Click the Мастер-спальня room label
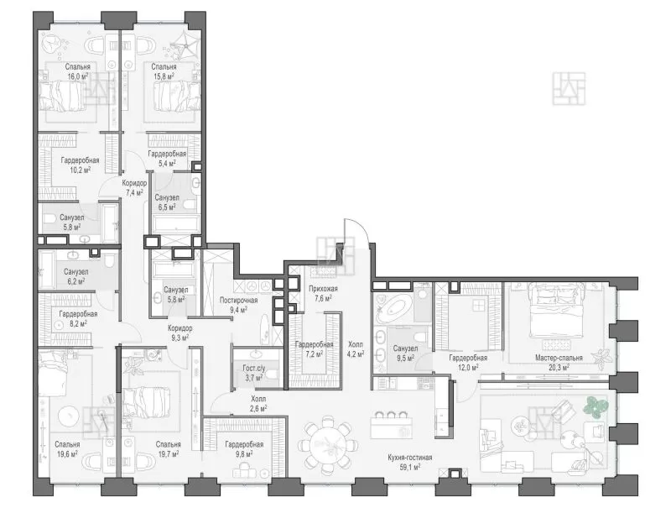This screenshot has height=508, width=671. [x=559, y=358]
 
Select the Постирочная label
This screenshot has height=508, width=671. [x=238, y=300]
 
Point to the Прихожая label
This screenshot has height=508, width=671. [x=323, y=289]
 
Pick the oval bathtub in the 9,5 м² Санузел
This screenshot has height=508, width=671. [x=393, y=309]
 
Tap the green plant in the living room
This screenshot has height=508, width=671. [x=596, y=406]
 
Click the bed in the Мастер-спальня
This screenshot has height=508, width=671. [x=556, y=311]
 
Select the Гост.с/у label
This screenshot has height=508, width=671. [x=254, y=368]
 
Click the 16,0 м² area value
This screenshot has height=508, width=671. [x=77, y=76]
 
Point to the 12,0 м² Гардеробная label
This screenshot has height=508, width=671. [x=468, y=358]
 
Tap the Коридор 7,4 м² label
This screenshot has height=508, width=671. [x=134, y=187]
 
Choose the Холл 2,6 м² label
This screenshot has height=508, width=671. [x=258, y=404]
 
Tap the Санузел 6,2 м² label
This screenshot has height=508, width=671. [x=75, y=276]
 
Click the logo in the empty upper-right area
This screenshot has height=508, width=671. [x=569, y=89]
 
